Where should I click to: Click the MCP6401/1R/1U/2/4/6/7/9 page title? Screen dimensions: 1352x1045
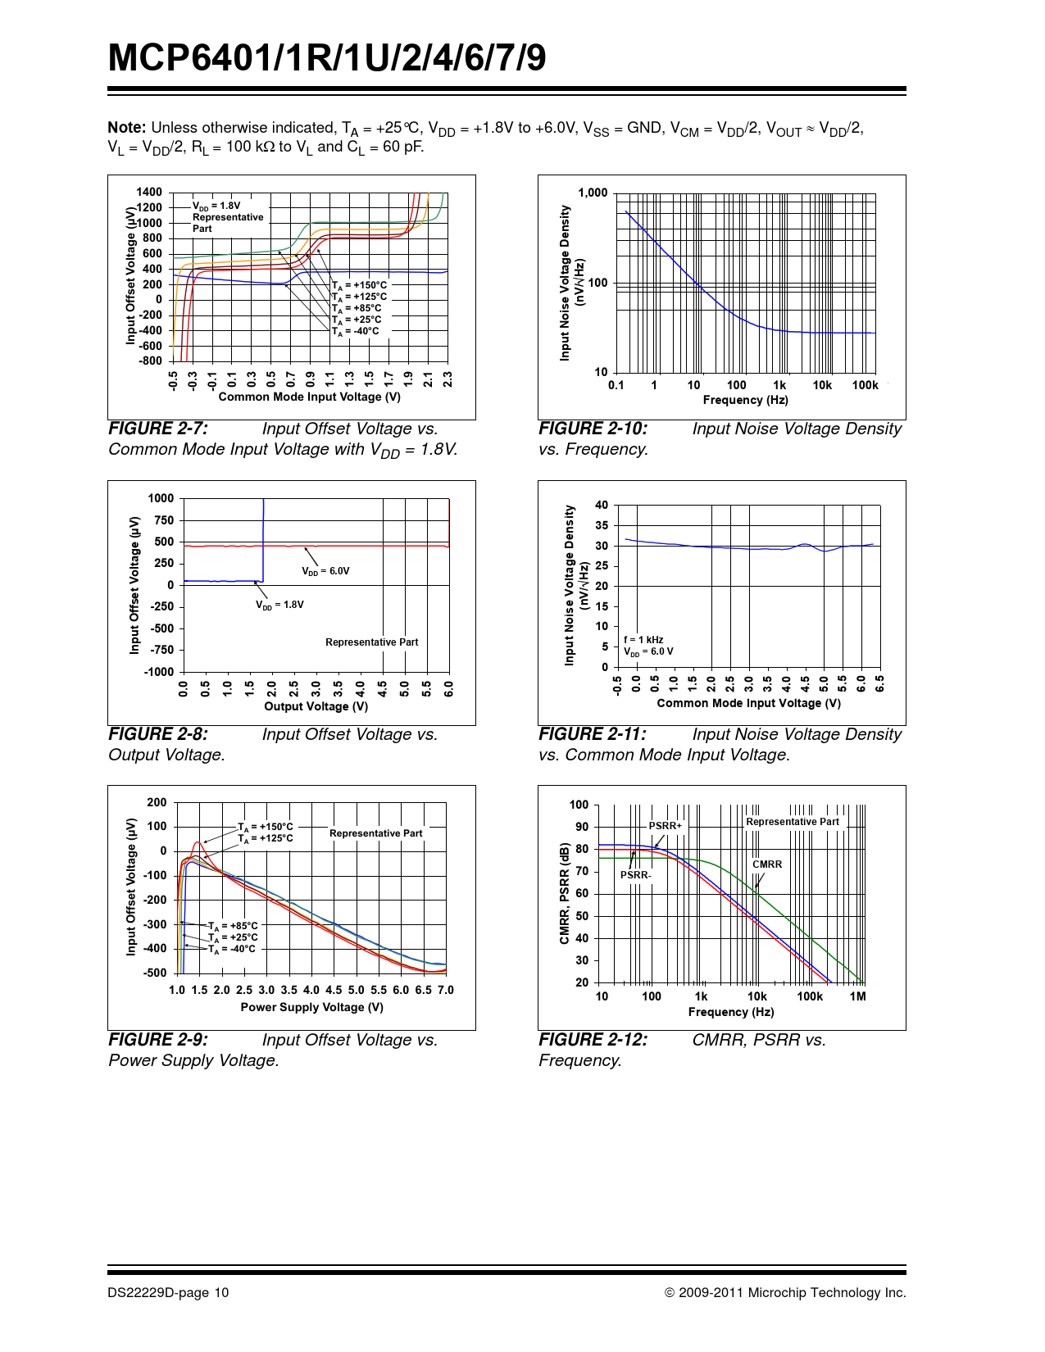click(327, 58)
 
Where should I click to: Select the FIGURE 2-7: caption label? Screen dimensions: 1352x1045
click(158, 429)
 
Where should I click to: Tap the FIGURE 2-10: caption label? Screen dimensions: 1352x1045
click(593, 429)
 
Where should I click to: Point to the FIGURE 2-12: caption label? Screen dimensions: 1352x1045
click(593, 1040)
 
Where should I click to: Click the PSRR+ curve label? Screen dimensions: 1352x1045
click(665, 826)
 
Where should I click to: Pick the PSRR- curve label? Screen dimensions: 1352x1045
click(635, 875)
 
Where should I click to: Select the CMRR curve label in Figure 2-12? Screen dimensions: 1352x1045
click(767, 864)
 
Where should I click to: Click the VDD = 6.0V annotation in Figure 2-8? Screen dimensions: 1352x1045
click(325, 571)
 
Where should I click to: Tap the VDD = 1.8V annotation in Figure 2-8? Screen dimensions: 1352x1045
click(279, 605)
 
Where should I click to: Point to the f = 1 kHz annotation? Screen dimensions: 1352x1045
click(643, 640)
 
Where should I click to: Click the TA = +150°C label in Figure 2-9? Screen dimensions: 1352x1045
click(265, 827)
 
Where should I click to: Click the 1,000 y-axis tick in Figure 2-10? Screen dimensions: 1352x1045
click(593, 193)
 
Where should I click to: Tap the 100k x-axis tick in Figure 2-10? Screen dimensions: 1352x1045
click(865, 385)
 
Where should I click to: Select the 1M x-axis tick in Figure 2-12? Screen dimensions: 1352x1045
click(857, 996)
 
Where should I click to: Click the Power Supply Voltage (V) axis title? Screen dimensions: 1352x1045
click(311, 1007)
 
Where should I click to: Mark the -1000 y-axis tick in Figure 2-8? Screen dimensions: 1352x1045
click(159, 672)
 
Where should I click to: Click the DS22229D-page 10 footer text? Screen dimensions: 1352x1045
click(168, 1293)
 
